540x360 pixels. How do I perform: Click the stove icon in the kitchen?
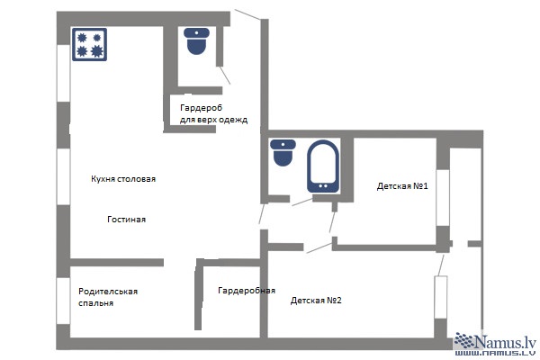click(x=89, y=45)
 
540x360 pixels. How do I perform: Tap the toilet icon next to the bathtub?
click(x=283, y=153)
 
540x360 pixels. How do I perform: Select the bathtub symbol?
click(x=323, y=166)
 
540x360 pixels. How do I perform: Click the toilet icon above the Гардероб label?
click(x=196, y=41)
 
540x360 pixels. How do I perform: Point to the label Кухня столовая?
click(x=123, y=179)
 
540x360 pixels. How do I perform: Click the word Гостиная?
click(x=126, y=219)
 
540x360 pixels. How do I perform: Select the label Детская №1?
click(x=402, y=186)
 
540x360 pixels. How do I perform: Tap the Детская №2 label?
click(x=316, y=300)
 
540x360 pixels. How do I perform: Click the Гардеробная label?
click(x=247, y=291)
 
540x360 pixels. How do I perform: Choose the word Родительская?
click(x=108, y=292)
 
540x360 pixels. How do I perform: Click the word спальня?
click(x=95, y=303)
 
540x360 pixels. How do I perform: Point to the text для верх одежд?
click(x=213, y=120)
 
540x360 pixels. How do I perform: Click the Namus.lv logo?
click(x=495, y=341)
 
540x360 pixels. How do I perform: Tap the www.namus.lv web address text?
click(x=495, y=353)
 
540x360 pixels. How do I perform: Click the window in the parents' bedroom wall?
click(x=63, y=301)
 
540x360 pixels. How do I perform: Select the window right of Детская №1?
click(x=443, y=198)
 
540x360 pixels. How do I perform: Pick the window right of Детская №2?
click(x=441, y=297)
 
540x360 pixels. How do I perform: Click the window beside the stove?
click(x=63, y=73)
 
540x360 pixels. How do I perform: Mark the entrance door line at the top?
click(x=247, y=14)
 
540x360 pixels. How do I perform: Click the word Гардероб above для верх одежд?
click(x=201, y=108)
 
